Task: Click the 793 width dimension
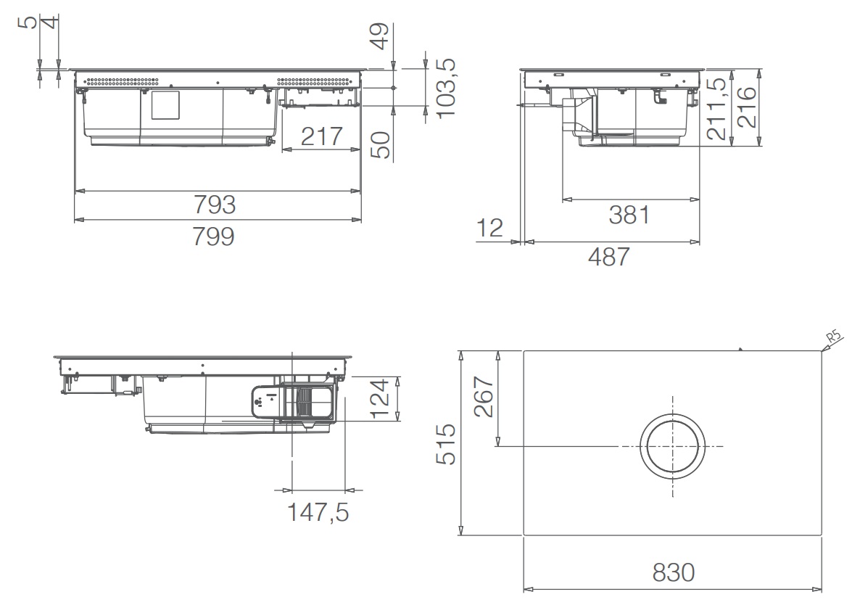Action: click(215, 205)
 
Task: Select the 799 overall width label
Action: click(213, 236)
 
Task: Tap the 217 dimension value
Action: click(322, 136)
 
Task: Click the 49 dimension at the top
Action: click(381, 36)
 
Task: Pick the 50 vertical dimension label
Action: click(381, 145)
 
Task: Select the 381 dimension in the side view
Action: click(629, 215)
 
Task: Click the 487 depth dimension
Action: click(609, 257)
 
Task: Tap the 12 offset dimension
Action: click(489, 229)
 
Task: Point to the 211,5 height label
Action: click(716, 108)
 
